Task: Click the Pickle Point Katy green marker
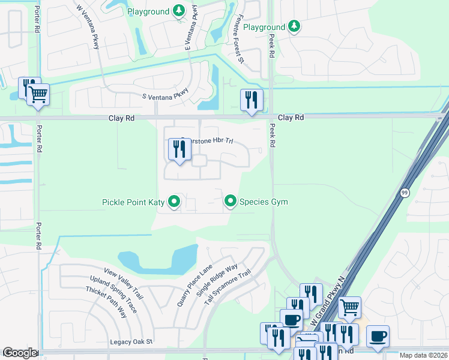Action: [174, 202]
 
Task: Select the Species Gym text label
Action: [264, 202]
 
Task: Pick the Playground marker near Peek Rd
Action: [294, 26]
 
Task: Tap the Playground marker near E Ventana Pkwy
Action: [178, 10]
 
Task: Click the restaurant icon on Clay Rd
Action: [252, 100]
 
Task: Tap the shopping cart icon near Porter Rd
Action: [38, 94]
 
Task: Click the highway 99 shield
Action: [405, 192]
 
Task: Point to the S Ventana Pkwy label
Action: [165, 96]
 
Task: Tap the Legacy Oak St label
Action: [131, 342]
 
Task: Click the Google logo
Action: [20, 353]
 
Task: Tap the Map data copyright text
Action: [423, 355]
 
